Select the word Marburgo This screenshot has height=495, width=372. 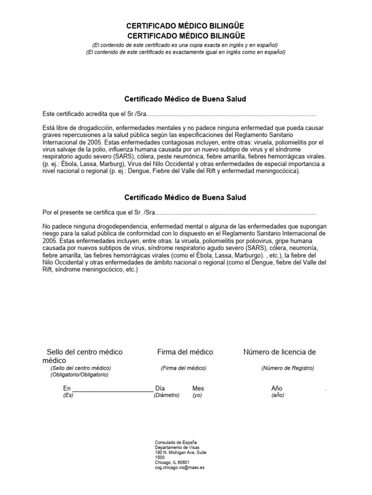pos(246,255)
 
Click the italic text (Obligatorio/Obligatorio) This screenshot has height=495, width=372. pos(79,375)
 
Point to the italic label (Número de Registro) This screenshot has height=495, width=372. pos(288,368)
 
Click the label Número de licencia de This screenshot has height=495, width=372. pos(279,352)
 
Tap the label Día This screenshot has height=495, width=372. pos(160,388)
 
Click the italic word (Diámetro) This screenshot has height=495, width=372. pos(167,395)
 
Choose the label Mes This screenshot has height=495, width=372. pos(198,388)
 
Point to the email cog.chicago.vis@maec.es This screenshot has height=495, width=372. pos(180,468)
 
